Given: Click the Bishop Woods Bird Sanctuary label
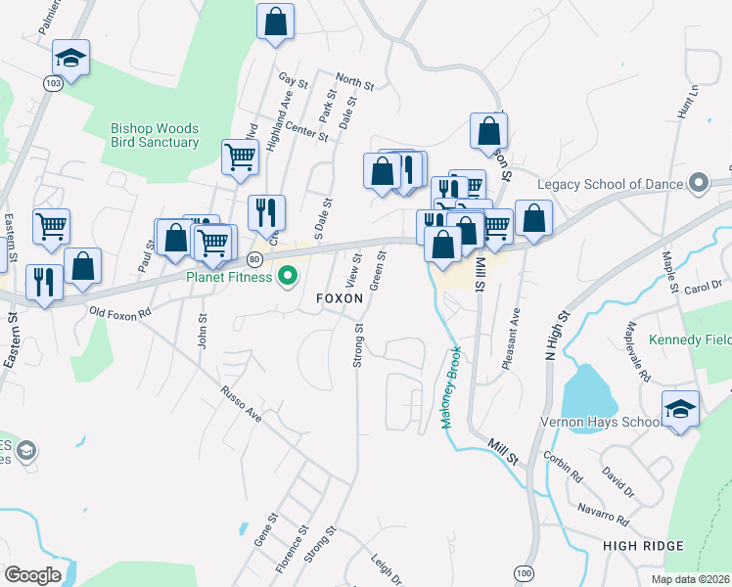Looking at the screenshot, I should (x=155, y=135).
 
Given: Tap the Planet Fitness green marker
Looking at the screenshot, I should (x=287, y=277).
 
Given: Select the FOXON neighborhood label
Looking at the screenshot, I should (x=339, y=296).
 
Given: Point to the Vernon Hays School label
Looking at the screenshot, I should (x=598, y=423).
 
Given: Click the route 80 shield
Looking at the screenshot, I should (x=254, y=259).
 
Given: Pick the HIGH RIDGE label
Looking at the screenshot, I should (x=643, y=545).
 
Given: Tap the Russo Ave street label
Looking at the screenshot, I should (x=241, y=401).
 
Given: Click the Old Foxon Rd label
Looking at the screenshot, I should (x=120, y=313).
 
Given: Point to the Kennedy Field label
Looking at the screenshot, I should (x=689, y=340).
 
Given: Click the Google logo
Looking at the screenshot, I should (x=32, y=574).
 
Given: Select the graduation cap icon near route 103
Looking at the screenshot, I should (x=70, y=58).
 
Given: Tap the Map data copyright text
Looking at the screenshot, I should (x=691, y=579).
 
